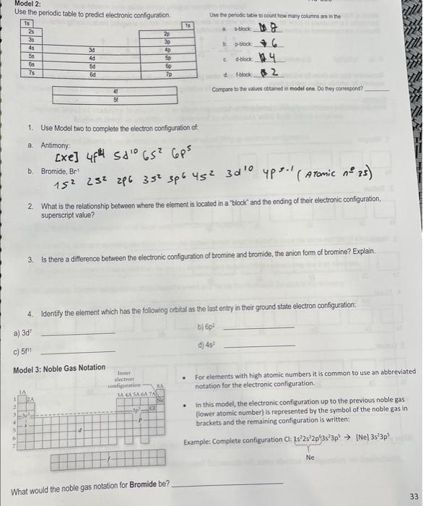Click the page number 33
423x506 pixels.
413,496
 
